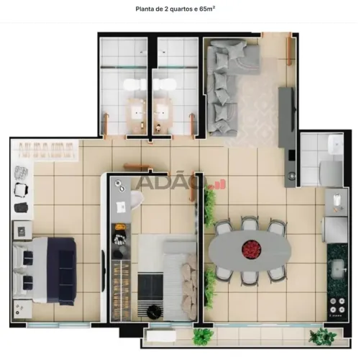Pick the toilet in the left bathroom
135,85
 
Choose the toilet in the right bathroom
165,85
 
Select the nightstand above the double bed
23,230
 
